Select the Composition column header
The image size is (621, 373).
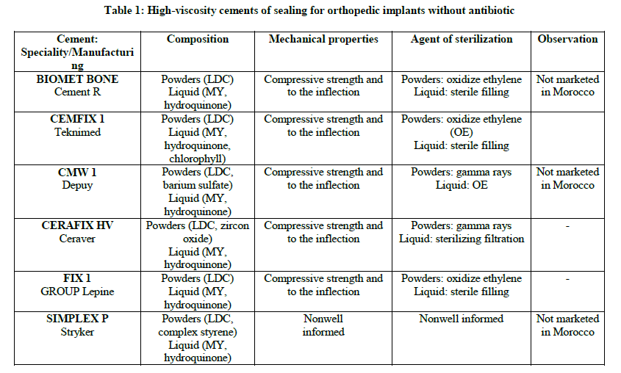[x=198, y=39]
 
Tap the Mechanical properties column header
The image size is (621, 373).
[x=323, y=39]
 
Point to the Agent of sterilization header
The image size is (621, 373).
[x=462, y=39]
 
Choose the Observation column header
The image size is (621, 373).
[x=567, y=39]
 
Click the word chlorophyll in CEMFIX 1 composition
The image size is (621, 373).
[x=198, y=159]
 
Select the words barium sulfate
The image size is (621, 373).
[x=198, y=185]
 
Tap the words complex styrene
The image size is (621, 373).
[x=198, y=332]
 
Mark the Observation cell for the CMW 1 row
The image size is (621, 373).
[x=567, y=178]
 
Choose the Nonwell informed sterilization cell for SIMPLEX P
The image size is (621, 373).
[x=462, y=319]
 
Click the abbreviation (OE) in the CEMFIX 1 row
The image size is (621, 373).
[x=462, y=132]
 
